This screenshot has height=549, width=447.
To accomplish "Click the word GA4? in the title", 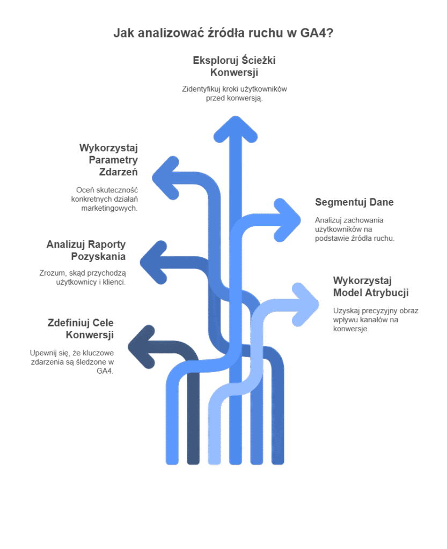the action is pyautogui.click(x=316, y=33).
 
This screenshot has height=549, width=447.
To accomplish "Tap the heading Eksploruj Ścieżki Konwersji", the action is pyautogui.click(x=234, y=66).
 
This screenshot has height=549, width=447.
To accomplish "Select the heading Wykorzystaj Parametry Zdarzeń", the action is pyautogui.click(x=108, y=160).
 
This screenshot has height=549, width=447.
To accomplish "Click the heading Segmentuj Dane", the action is pyautogui.click(x=354, y=202).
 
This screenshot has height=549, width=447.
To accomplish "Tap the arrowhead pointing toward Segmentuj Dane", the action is pyautogui.click(x=289, y=220).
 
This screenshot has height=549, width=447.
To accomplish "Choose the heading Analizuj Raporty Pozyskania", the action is pyautogui.click(x=86, y=250).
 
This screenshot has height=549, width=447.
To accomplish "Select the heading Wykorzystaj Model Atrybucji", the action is pyautogui.click(x=371, y=286).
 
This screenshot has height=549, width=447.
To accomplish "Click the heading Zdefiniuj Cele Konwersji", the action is pyautogui.click(x=80, y=329).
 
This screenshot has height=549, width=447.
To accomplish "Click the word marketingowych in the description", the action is pyautogui.click(x=109, y=208).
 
